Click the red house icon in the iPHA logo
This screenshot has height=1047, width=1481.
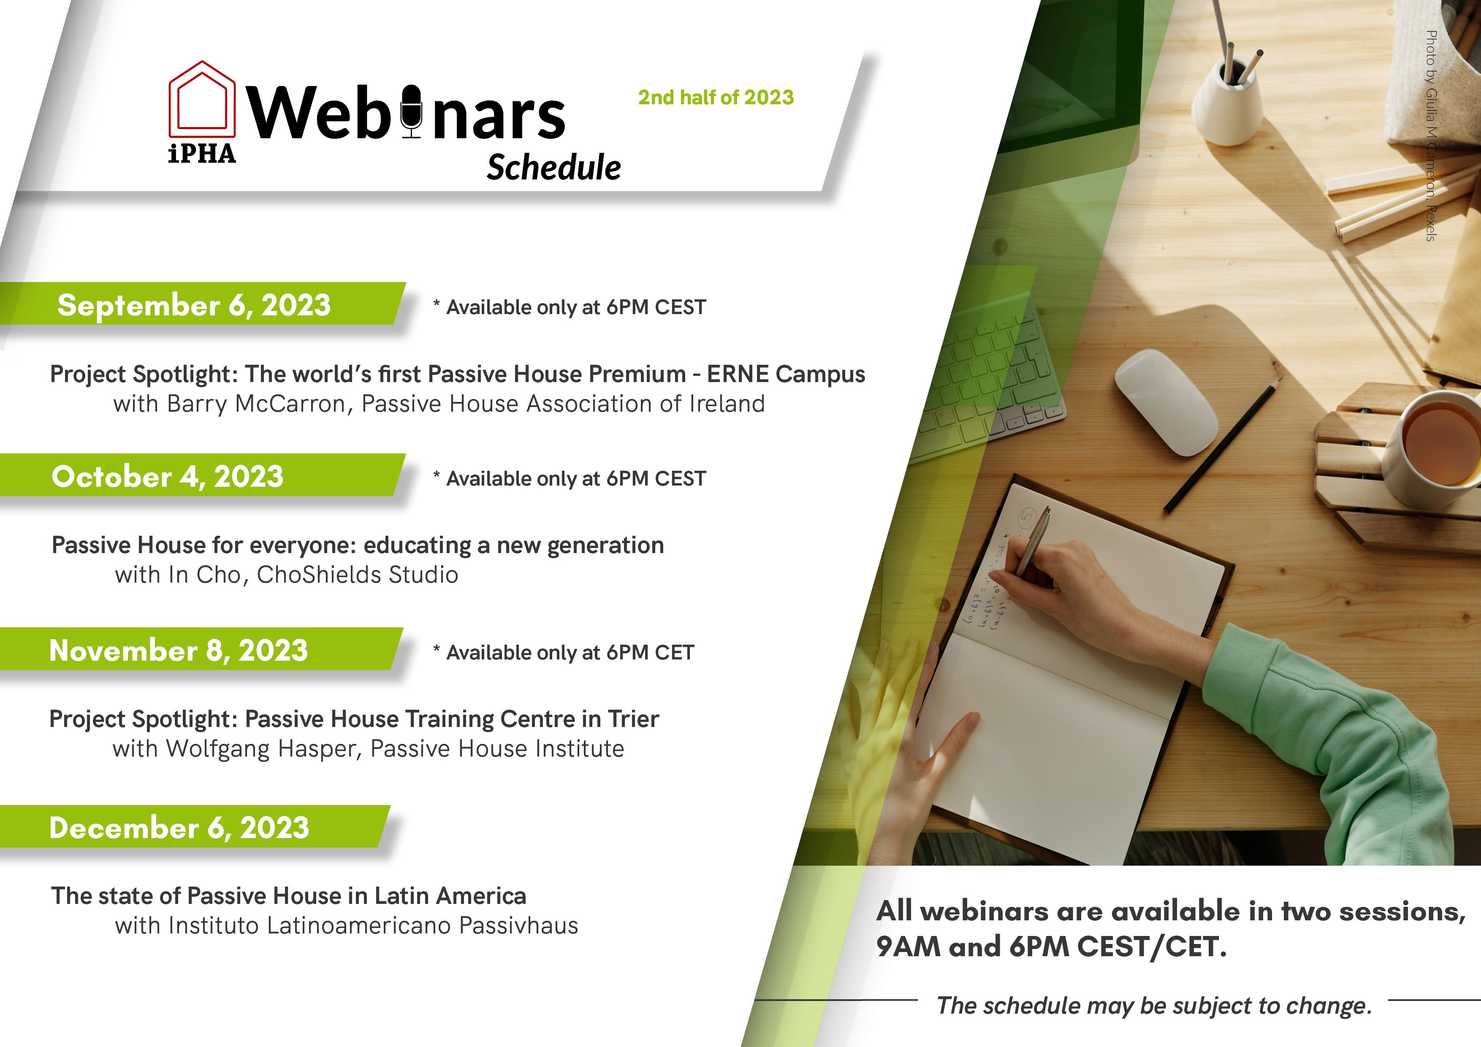[x=202, y=98]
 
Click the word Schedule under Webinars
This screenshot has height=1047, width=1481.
[x=553, y=168]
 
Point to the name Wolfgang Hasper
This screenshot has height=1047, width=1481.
[x=263, y=749]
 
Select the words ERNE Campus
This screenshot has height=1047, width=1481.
[x=786, y=374]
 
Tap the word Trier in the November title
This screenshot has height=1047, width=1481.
[x=633, y=719]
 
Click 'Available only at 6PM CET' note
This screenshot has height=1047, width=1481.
[x=564, y=652]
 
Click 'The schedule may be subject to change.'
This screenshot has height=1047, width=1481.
[x=1154, y=1005]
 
